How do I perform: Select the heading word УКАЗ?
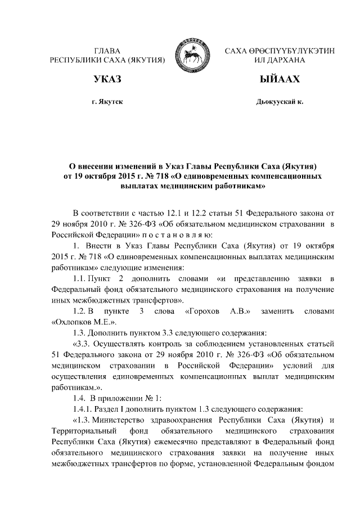coord(107,80)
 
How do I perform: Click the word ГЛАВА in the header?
coord(107,51)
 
